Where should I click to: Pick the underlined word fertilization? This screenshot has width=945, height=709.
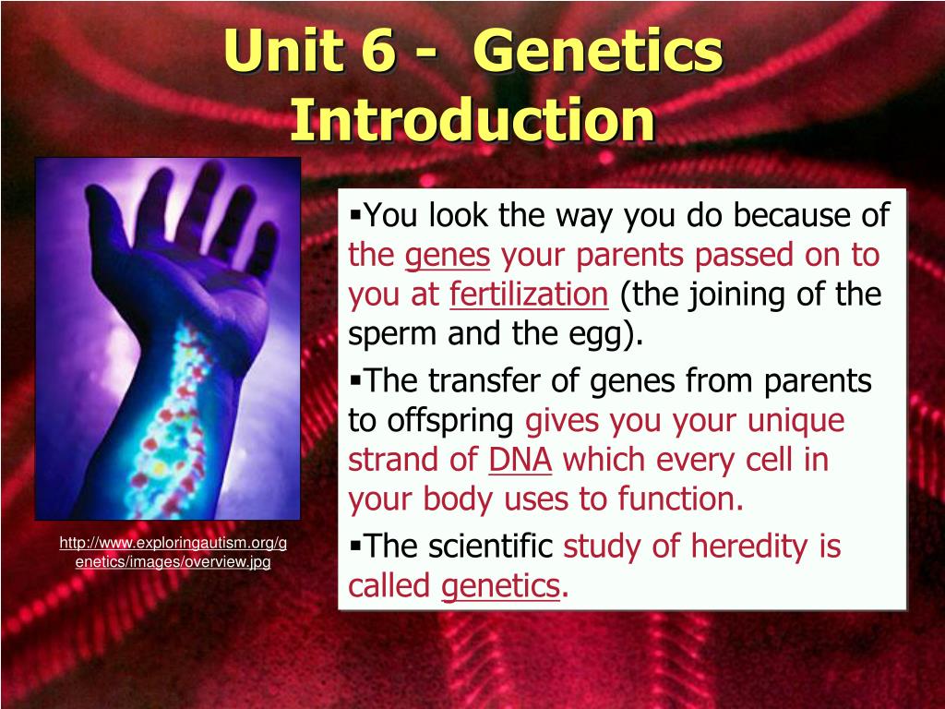point(529,294)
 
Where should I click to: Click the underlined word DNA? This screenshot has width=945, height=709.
point(520,460)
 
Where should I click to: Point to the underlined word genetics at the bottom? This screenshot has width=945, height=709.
point(500,587)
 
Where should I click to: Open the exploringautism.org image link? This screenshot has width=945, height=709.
point(173,552)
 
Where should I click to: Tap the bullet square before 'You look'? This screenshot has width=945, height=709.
point(355,214)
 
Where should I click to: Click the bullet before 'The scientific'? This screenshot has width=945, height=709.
point(355,547)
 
